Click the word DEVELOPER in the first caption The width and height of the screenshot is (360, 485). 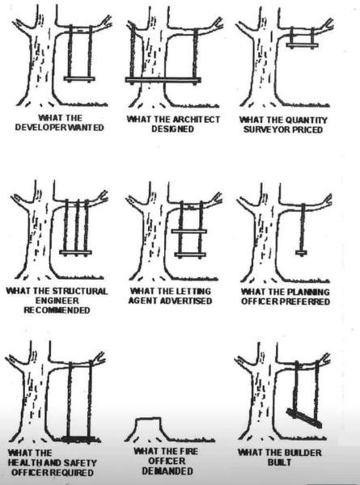click(x=39, y=128)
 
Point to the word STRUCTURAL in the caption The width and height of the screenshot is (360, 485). click(x=80, y=291)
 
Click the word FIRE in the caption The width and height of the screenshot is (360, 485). click(x=188, y=451)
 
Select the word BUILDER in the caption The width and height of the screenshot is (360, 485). click(x=306, y=453)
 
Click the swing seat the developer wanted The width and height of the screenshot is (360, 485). click(x=79, y=79)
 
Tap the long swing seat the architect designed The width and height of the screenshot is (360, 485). click(x=163, y=80)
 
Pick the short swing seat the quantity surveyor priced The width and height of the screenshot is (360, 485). click(x=302, y=45)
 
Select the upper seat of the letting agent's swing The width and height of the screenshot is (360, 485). click(x=189, y=231)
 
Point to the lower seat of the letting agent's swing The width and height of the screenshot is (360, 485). click(x=190, y=255)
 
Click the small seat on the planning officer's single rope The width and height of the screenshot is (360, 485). click(x=301, y=253)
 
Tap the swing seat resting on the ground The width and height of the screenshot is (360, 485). click(x=78, y=439)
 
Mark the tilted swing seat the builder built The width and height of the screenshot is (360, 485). click(x=304, y=418)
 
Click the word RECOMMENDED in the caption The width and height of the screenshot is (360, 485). click(x=57, y=310)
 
